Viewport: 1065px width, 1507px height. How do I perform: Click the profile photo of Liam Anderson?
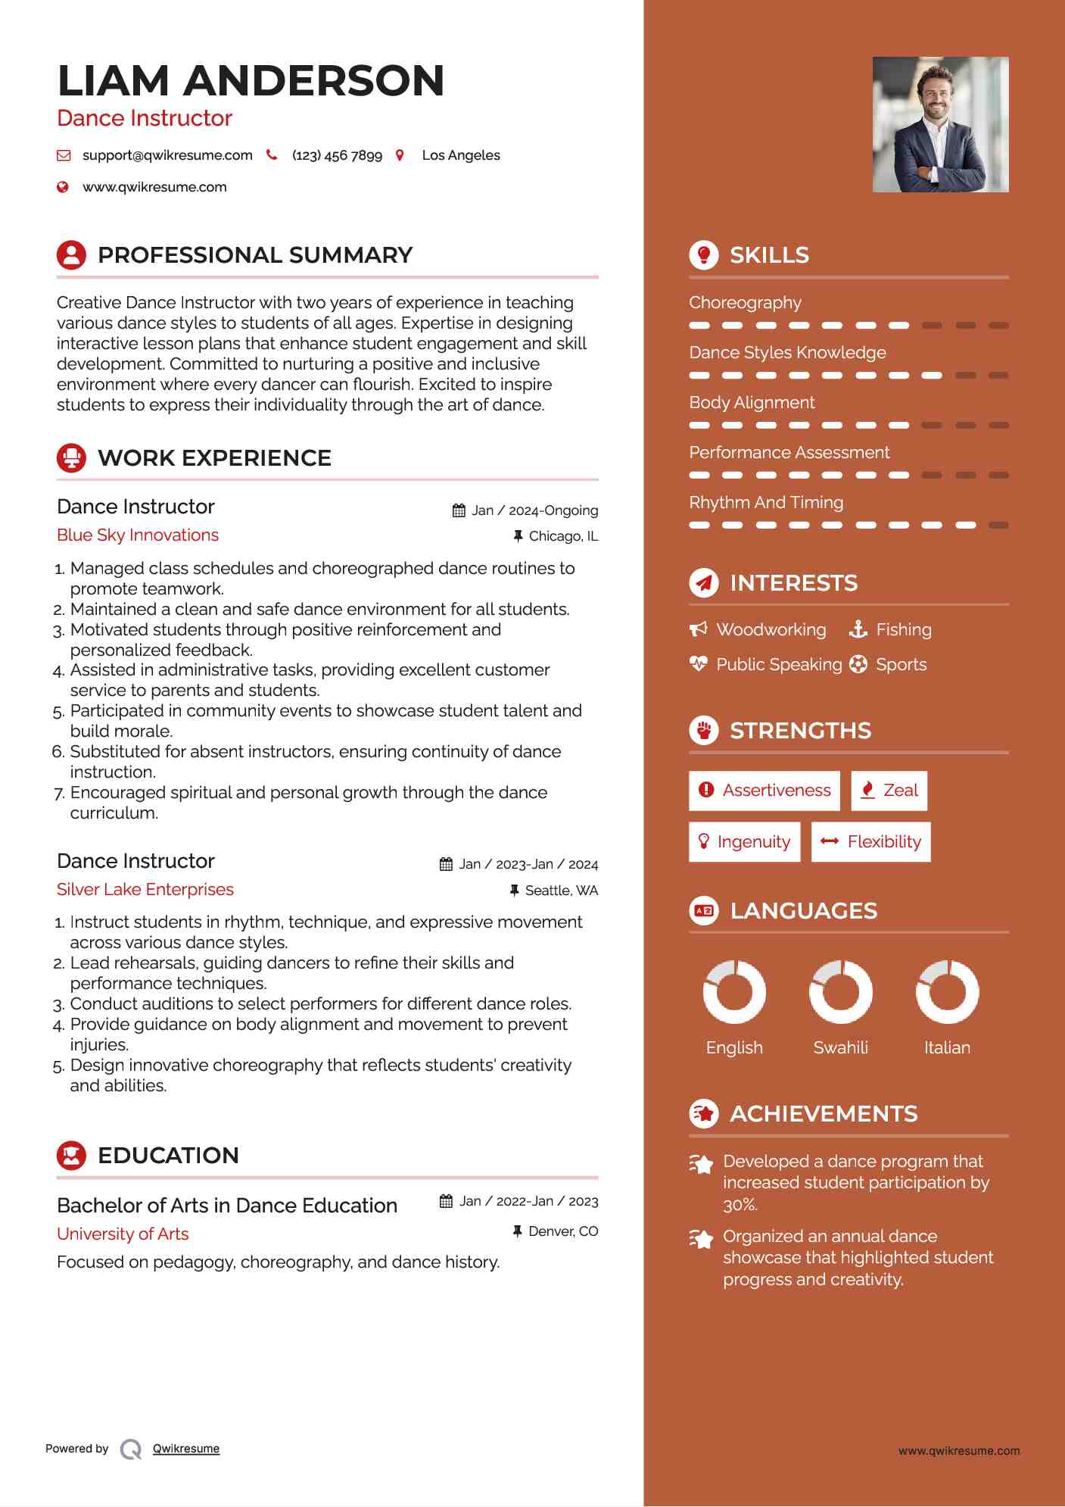[940, 124]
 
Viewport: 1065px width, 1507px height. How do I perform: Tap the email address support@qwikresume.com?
[167, 155]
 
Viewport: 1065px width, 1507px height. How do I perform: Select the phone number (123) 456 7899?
[337, 155]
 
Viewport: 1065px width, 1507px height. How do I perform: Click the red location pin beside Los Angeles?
[400, 155]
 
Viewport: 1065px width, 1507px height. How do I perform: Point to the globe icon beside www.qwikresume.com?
[63, 187]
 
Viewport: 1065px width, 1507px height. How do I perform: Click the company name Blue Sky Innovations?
[138, 535]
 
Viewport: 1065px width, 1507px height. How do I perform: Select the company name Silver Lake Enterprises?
[145, 890]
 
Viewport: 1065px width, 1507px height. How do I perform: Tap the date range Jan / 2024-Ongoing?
[534, 510]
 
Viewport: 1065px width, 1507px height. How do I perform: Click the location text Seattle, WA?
[561, 891]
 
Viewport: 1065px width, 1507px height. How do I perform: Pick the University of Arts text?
[123, 1234]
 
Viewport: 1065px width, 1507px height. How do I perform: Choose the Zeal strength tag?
[889, 791]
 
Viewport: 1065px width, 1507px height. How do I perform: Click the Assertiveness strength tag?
[764, 791]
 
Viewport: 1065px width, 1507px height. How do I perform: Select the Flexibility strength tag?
[871, 842]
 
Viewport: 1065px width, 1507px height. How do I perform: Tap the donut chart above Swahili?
[840, 991]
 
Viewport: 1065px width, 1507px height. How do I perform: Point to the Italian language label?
[947, 1048]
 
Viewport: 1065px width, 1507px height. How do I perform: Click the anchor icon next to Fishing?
[858, 629]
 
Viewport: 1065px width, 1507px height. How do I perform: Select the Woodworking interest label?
[771, 630]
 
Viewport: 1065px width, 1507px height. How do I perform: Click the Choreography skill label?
[745, 303]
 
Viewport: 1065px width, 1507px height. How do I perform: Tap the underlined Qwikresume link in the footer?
[186, 1449]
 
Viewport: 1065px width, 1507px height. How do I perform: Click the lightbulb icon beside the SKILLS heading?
[704, 255]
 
